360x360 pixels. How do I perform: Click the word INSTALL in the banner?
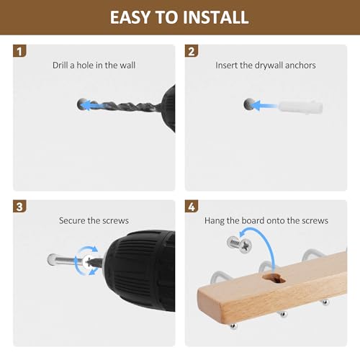[x=215, y=17]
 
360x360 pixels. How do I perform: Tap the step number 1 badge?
[x=19, y=51]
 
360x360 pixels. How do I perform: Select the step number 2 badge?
[x=192, y=51]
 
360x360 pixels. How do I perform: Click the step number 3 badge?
[x=19, y=207]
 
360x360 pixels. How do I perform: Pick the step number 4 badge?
[x=192, y=207]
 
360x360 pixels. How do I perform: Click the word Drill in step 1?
[x=60, y=65]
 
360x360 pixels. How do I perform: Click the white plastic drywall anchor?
[x=300, y=107]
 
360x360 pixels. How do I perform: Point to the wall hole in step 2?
[x=249, y=104]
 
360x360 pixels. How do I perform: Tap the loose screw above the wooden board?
[x=240, y=245]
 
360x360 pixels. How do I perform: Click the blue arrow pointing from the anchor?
[x=264, y=106]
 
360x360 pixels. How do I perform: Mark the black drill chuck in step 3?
[x=140, y=270]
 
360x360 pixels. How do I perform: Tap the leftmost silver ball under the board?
[x=233, y=326]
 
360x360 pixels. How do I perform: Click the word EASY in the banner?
[x=130, y=17]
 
